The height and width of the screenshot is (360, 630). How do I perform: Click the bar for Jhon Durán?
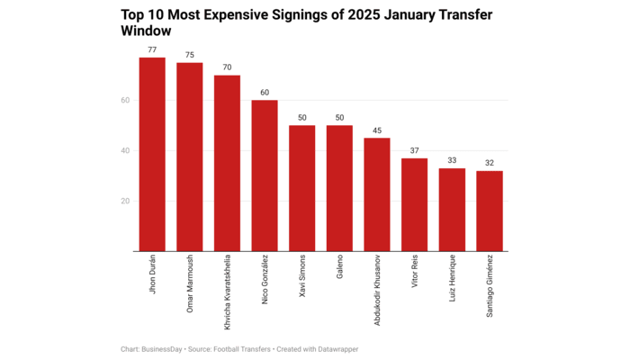pyautogui.click(x=152, y=154)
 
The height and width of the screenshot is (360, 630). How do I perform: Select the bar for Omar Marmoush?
pyautogui.click(x=190, y=157)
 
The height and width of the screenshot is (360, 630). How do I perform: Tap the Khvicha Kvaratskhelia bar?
pyautogui.click(x=227, y=163)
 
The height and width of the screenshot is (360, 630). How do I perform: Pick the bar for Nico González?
pyautogui.click(x=265, y=175)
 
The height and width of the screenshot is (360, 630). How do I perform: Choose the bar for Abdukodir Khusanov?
pyautogui.click(x=377, y=194)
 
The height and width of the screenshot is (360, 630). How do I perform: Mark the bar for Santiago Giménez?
pyautogui.click(x=490, y=211)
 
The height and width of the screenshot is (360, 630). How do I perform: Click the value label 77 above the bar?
pyautogui.click(x=152, y=50)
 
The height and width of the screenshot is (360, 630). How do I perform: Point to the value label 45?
pyautogui.click(x=377, y=130)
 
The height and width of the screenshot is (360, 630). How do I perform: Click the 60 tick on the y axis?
pyautogui.click(x=126, y=100)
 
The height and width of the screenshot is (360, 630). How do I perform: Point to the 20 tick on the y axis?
pyautogui.click(x=126, y=201)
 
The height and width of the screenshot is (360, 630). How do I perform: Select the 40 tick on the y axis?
pyautogui.click(x=126, y=150)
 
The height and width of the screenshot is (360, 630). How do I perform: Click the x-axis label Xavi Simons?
pyautogui.click(x=302, y=280)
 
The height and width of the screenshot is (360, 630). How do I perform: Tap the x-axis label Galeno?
pyautogui.click(x=340, y=271)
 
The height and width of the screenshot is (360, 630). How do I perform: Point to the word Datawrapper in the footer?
pyautogui.click(x=346, y=349)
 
